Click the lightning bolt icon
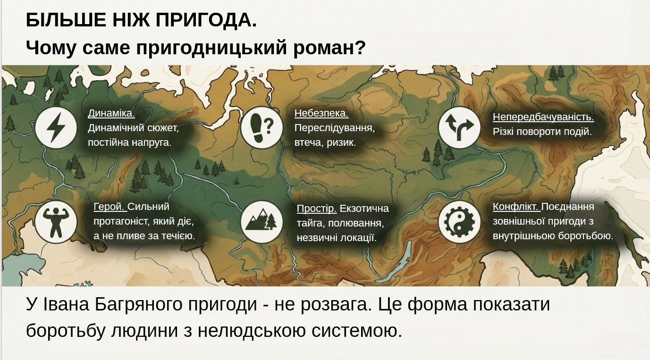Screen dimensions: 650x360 pyautogui.click(x=56, y=128)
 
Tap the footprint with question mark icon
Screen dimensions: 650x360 pyautogui.click(x=262, y=128)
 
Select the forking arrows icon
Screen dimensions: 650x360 pyautogui.click(x=459, y=128)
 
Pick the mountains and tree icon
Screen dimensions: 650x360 pyautogui.click(x=262, y=222)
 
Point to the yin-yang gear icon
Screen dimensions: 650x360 pyautogui.click(x=459, y=222)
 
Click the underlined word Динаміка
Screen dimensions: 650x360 pyautogui.click(x=111, y=113)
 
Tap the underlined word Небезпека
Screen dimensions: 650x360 pyautogui.click(x=321, y=113)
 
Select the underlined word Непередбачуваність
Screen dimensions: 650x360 pyautogui.click(x=543, y=117)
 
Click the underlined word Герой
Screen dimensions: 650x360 pyautogui.click(x=109, y=207)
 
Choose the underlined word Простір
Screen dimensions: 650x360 pyautogui.click(x=317, y=209)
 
